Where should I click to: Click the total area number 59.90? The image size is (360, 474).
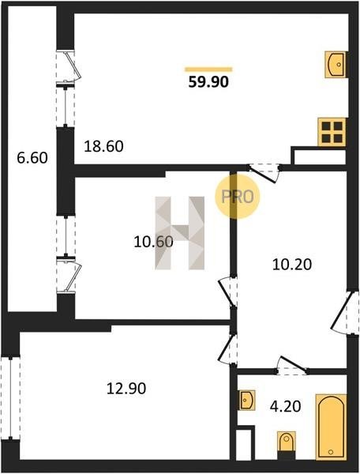tap(208, 81)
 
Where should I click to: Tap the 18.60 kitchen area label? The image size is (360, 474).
tap(103, 147)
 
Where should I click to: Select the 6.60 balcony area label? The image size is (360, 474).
tap(32, 158)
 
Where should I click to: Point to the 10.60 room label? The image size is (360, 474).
tap(153, 242)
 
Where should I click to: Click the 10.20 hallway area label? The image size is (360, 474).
tap(292, 265)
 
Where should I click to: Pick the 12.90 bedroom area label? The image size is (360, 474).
tap(126, 389)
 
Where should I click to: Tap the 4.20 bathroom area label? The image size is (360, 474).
tap(286, 407)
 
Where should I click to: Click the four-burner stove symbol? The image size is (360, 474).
tap(332, 132)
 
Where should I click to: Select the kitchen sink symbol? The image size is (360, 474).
tap(336, 65)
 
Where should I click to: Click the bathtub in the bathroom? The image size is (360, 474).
tap(331, 427)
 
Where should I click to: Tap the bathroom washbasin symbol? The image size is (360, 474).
tap(247, 401)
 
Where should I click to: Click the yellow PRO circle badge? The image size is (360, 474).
tap(238, 197)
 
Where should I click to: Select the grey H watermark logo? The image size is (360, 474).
tap(180, 233)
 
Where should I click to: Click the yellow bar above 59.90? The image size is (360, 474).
tap(208, 70)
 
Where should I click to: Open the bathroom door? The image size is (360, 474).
tap(292, 366)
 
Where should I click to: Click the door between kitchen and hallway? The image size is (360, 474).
tap(264, 173)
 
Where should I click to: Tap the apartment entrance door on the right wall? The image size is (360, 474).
tap(345, 313)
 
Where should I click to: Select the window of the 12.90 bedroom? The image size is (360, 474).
tap(10, 398)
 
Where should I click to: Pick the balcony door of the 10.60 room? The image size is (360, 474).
tap(69, 274)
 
